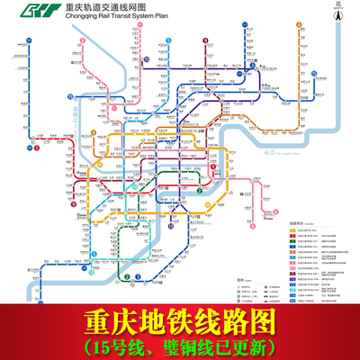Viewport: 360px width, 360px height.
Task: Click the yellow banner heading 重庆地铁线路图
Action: point(179,319)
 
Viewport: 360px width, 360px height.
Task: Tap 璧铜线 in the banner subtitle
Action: point(186,344)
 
